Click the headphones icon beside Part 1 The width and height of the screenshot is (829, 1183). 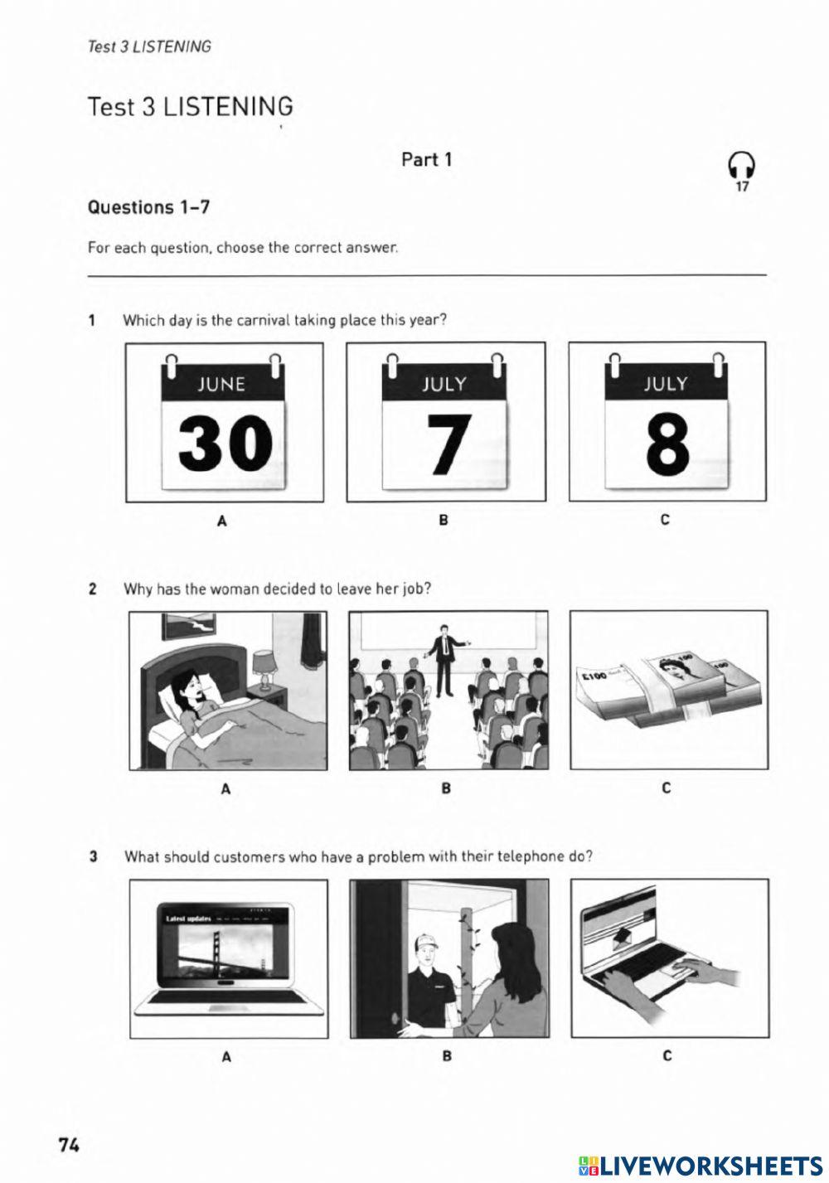tap(741, 166)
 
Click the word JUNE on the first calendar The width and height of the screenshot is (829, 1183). tap(221, 384)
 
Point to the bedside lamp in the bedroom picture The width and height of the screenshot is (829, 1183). tap(264, 667)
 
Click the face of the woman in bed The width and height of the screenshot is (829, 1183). tap(186, 685)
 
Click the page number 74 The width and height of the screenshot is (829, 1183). tap(69, 1145)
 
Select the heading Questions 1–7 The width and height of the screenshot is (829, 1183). tap(148, 207)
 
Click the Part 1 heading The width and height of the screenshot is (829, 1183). tap(426, 159)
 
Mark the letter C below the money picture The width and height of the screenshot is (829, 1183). tap(667, 788)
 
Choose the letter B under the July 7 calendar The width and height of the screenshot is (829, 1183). tap(444, 521)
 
